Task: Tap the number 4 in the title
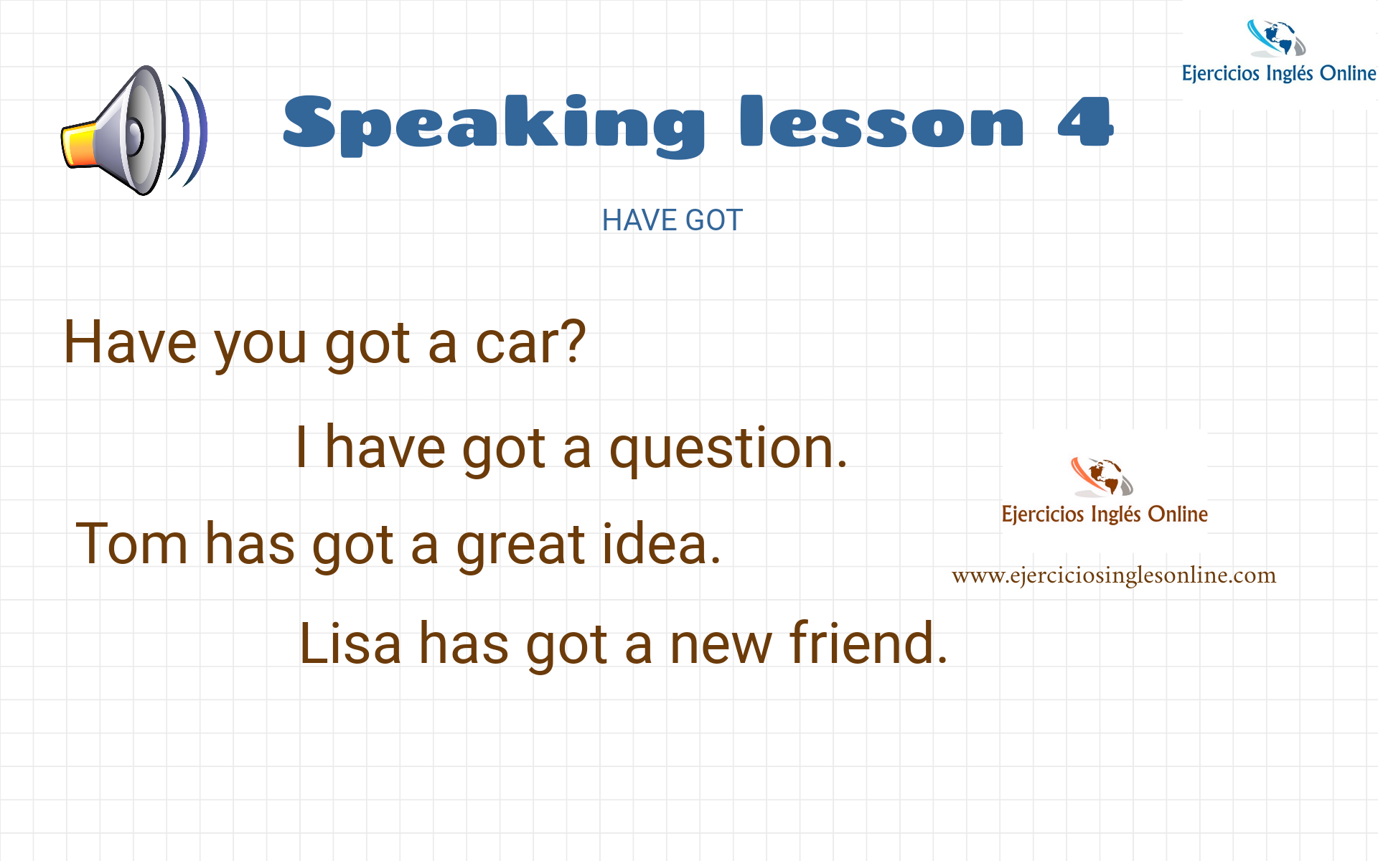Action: (x=1085, y=121)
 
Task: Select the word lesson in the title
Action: (x=882, y=121)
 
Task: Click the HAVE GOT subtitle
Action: (x=672, y=220)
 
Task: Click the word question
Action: (x=728, y=449)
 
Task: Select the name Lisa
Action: (x=350, y=643)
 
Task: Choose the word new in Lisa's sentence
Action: (x=721, y=646)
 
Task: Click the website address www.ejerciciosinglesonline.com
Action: (x=1114, y=575)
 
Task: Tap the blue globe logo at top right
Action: (x=1277, y=38)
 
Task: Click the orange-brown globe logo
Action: (x=1102, y=477)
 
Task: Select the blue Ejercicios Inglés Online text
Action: (x=1279, y=73)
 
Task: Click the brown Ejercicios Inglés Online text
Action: (x=1105, y=514)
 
